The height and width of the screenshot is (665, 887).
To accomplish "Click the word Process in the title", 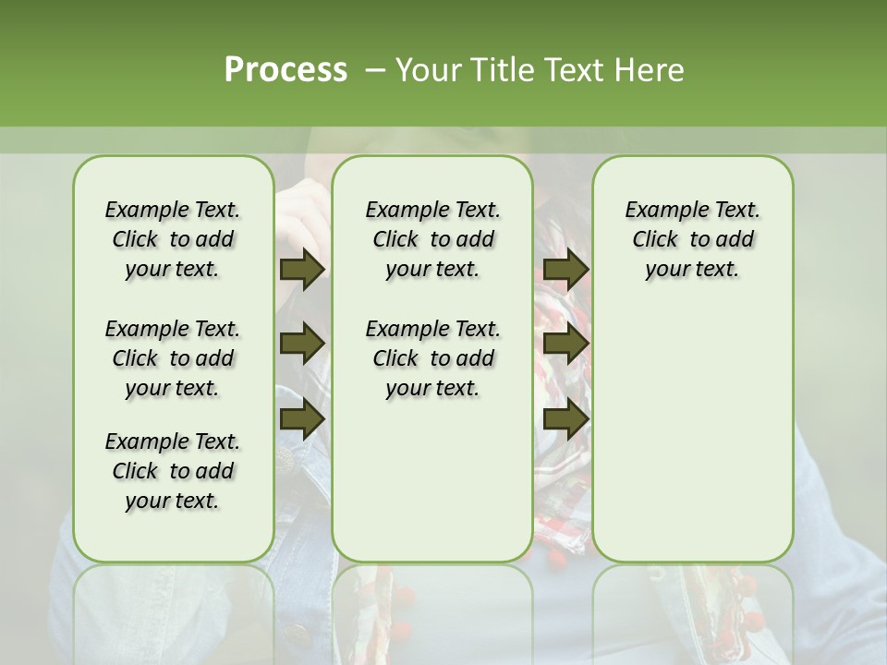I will click(x=286, y=70).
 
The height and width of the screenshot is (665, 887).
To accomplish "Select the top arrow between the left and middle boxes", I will click(x=302, y=270).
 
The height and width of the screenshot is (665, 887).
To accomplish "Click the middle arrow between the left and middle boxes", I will click(x=302, y=344).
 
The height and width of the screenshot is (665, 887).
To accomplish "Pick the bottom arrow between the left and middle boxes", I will click(x=302, y=418).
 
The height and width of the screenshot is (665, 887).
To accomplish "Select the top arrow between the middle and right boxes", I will click(x=565, y=270).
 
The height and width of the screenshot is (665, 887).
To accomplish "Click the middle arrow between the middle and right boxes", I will click(x=565, y=344).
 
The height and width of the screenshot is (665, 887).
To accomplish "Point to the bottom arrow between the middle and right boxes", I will click(x=565, y=418).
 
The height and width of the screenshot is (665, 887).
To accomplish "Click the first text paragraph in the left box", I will click(x=173, y=239).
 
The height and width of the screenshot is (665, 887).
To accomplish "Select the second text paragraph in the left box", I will click(x=173, y=358).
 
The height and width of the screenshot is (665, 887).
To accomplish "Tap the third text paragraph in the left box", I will click(x=173, y=471).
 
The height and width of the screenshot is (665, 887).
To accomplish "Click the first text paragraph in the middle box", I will click(x=432, y=239).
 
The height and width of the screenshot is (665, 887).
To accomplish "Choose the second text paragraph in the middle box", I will click(x=432, y=358).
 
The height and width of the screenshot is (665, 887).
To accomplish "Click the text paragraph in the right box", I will click(x=692, y=239).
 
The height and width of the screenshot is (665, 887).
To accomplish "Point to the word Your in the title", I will click(x=428, y=70).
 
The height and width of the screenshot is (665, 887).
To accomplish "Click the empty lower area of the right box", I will click(x=692, y=434).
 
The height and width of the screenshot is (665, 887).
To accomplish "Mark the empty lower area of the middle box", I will click(x=432, y=480).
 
